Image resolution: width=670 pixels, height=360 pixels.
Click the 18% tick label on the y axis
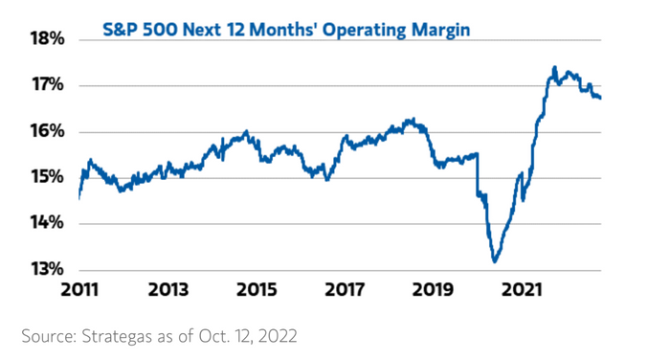48,39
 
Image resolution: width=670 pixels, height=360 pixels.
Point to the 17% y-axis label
48,84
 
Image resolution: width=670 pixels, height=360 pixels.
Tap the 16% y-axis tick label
48,131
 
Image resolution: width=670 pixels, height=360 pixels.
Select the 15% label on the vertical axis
48,176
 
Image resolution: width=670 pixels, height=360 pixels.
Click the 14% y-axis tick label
48,223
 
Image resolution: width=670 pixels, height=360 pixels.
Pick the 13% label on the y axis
48,269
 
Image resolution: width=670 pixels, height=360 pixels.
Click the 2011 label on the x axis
79,290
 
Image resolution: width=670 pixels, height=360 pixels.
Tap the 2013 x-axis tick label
167,290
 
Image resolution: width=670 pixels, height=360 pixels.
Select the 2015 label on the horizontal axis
257,290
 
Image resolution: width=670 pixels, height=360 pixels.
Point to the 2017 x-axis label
345,290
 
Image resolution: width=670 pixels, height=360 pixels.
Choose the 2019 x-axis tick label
433,290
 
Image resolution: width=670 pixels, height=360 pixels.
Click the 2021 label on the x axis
522,290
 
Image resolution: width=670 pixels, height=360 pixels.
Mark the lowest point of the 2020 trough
495,261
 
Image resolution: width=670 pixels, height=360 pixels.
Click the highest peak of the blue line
554,67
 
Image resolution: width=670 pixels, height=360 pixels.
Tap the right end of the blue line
600,98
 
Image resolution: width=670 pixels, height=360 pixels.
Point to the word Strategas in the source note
117,336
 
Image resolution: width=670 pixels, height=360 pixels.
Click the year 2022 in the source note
278,336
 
